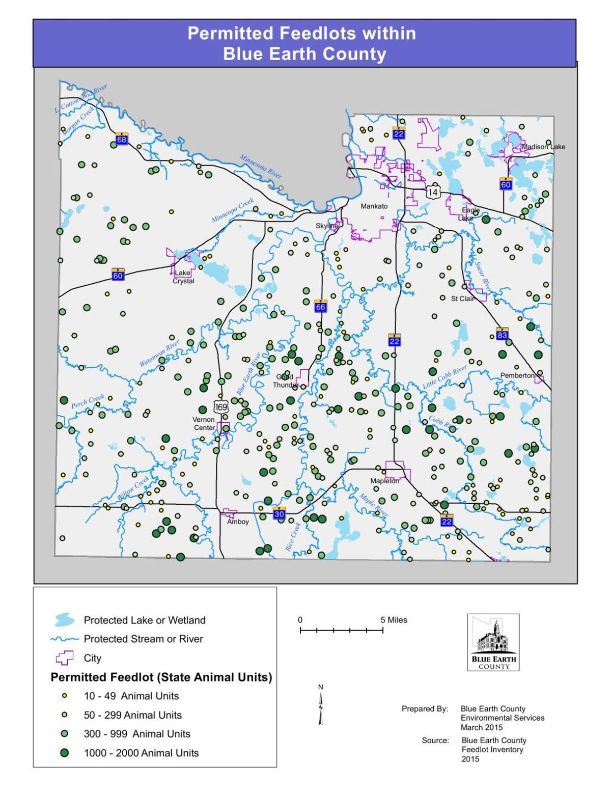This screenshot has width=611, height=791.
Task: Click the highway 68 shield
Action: click(x=121, y=139)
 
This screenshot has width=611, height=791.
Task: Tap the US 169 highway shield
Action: click(x=221, y=407)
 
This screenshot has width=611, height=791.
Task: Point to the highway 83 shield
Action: click(x=502, y=334)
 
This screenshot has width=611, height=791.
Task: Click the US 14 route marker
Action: click(x=433, y=192)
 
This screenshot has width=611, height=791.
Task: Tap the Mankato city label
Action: click(x=374, y=206)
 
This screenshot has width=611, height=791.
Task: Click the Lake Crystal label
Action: click(x=183, y=277)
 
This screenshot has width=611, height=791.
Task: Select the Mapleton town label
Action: click(x=384, y=481)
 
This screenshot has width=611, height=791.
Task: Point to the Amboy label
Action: click(x=238, y=522)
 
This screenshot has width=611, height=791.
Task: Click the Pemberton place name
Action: click(x=517, y=375)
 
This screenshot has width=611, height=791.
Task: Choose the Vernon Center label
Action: click(x=204, y=423)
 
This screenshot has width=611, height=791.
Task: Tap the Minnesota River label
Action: click(x=261, y=166)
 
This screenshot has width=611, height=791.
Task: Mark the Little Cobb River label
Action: click(x=445, y=377)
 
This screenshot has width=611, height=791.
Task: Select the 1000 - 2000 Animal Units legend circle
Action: click(x=64, y=753)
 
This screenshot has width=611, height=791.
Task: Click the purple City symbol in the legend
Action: click(x=64, y=658)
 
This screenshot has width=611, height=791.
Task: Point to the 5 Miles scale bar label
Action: click(x=394, y=620)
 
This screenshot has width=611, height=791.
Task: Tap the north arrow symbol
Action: click(x=321, y=705)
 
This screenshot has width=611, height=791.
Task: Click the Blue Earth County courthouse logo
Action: click(x=493, y=642)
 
